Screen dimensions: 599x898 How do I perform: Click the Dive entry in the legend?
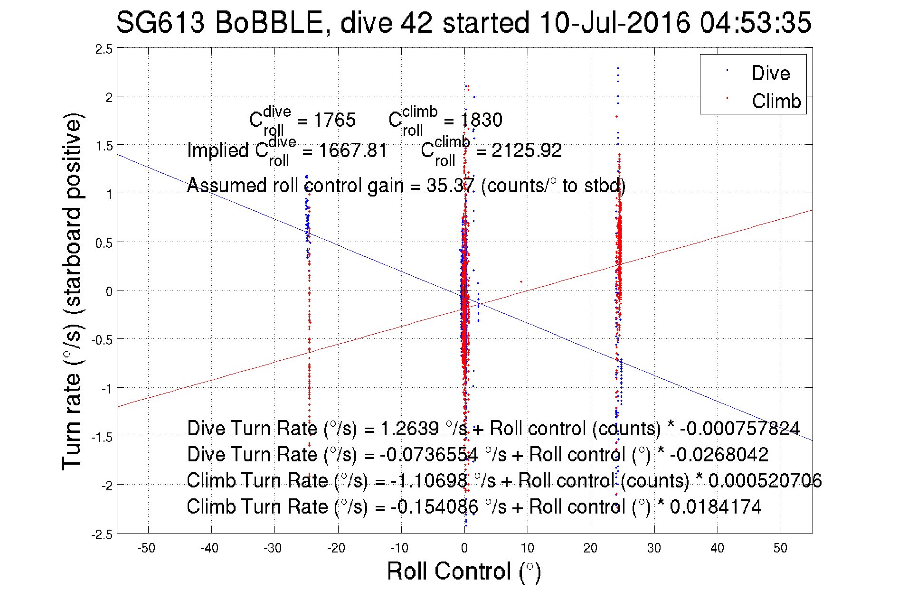tap(770, 73)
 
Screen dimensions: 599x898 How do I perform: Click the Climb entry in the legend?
tap(776, 101)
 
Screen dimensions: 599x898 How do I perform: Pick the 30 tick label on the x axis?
tap(653, 548)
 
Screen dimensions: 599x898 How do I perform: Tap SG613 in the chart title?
tap(161, 23)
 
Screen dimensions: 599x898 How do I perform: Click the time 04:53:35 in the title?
tap(756, 23)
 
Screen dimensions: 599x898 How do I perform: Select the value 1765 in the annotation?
tap(334, 120)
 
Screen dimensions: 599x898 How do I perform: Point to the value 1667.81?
tap(352, 150)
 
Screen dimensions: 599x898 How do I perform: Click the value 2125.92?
tap(526, 150)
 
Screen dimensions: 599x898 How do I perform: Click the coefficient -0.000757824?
tap(740, 429)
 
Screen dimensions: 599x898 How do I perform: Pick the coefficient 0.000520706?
tap(765, 481)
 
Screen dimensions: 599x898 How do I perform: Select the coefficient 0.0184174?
tap(715, 507)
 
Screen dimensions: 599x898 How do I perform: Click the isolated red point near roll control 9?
tap(521, 282)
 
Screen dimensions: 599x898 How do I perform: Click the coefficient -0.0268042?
tap(719, 455)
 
